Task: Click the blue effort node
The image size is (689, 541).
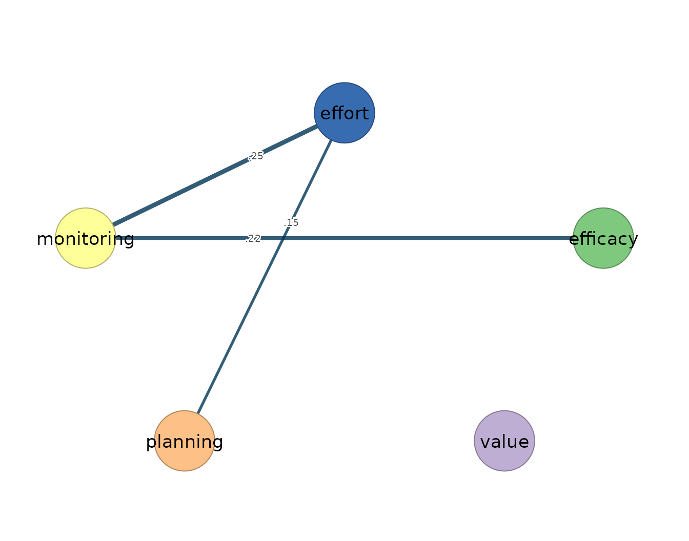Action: pyautogui.click(x=344, y=113)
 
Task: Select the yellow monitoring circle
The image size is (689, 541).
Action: pyautogui.click(x=86, y=238)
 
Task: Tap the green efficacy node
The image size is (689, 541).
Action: pyautogui.click(x=603, y=238)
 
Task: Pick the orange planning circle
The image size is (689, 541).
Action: pyautogui.click(x=185, y=441)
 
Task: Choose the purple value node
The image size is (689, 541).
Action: pyautogui.click(x=504, y=441)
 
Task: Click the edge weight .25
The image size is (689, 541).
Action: pyautogui.click(x=256, y=156)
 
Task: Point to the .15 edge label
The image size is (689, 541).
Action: pyautogui.click(x=291, y=222)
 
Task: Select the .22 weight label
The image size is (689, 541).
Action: pyautogui.click(x=253, y=239)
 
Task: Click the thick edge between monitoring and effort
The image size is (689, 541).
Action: pyautogui.click(x=215, y=176)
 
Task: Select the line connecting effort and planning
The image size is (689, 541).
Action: pyautogui.click(x=265, y=277)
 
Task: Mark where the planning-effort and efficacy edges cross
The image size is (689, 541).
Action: pyautogui.click(x=283, y=238)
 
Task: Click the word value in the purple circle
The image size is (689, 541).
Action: pyautogui.click(x=504, y=442)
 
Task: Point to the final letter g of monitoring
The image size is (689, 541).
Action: pyautogui.click(x=129, y=240)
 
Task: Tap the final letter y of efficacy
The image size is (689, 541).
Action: pyautogui.click(x=633, y=241)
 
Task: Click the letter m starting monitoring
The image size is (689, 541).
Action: pyautogui.click(x=45, y=239)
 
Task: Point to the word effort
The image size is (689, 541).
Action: pyautogui.click(x=344, y=113)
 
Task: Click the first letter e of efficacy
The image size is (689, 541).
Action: pyautogui.click(x=574, y=239)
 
